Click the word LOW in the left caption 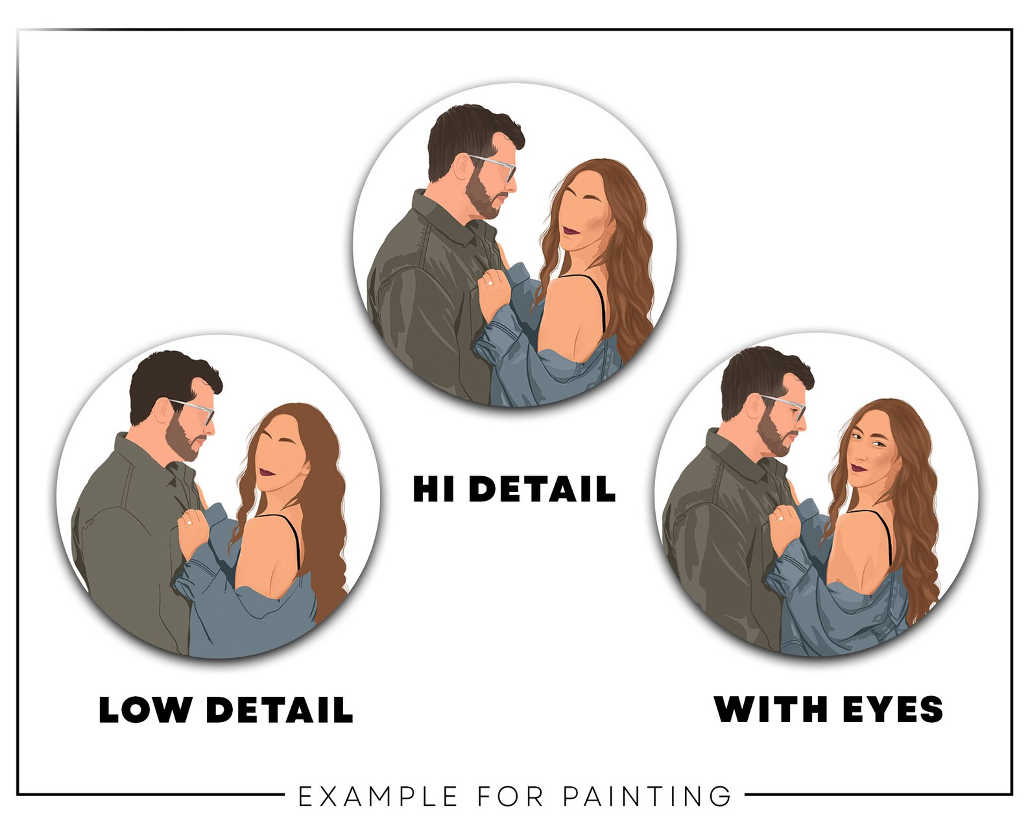pos(145,710)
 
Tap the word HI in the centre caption pos(434,489)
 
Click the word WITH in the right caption pos(770,709)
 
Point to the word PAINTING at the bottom pos(647,783)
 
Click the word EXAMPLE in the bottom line pos(378,783)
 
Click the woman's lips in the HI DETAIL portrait pos(571,231)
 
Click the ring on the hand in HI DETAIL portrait pos(490,284)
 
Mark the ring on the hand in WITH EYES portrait pos(781,518)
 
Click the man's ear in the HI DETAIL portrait pos(463,166)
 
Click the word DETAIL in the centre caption pos(542,489)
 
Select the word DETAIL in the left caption pos(280,710)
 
